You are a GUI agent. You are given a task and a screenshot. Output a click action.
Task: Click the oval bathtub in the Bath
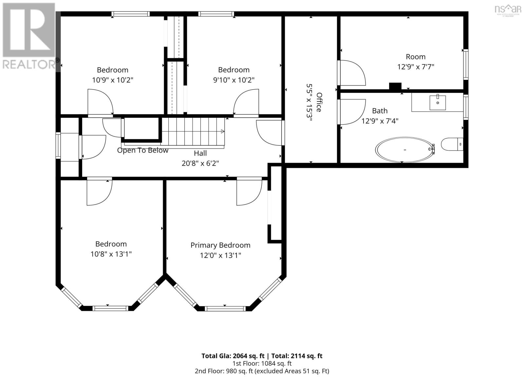coord(404,150)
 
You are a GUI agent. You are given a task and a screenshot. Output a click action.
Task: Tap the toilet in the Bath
coord(452,144)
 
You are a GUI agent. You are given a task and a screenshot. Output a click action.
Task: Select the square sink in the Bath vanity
coord(438,102)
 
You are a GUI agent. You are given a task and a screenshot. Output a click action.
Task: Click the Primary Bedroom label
coord(220,245)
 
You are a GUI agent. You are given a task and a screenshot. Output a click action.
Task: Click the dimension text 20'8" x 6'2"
coord(200,163)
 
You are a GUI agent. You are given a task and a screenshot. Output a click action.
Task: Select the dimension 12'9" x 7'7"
coord(416,67)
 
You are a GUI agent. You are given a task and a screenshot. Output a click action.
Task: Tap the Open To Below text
coord(143,150)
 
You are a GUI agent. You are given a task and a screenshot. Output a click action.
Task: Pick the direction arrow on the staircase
coord(223,131)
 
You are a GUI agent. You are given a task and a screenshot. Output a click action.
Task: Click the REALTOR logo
coord(29,36)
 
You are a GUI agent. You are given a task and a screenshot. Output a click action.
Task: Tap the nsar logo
coord(508,10)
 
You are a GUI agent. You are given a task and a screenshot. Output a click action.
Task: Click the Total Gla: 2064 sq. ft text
coord(233,356)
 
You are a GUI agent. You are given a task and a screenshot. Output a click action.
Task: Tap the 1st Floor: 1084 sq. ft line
coord(262,364)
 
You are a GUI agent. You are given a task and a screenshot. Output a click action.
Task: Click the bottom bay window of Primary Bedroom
coord(225,309)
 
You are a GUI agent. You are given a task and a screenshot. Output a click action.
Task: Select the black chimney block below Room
coord(395,86)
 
